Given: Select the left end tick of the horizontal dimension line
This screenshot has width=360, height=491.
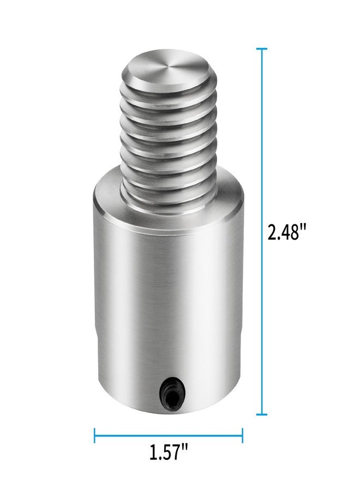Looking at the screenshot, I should (x=95, y=435).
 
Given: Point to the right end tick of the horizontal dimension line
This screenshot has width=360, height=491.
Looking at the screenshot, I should (x=242, y=435).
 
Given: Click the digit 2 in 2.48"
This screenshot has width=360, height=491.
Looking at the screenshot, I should (x=273, y=233).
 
